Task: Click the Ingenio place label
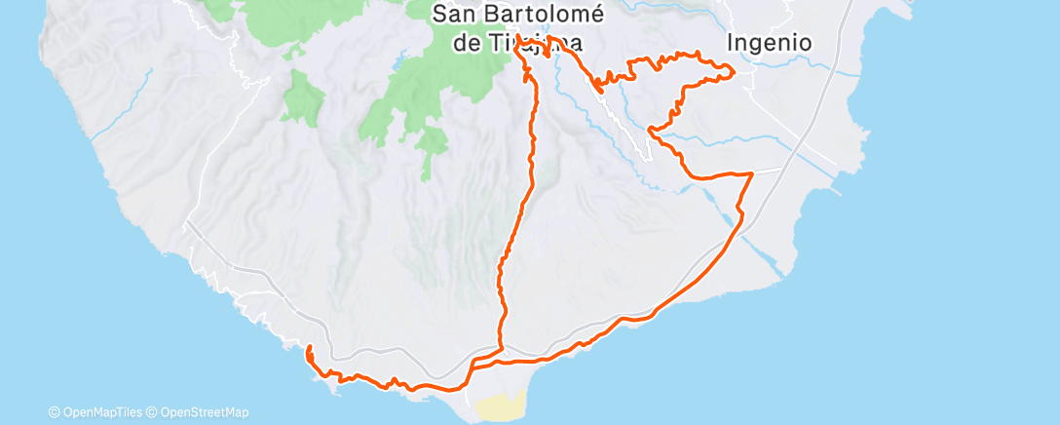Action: (x=770, y=43)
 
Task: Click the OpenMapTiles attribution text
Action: (x=101, y=412)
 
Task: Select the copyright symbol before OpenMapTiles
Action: (x=55, y=412)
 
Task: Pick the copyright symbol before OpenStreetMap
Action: (x=153, y=412)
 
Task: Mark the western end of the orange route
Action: (x=308, y=348)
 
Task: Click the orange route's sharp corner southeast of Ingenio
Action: (x=751, y=174)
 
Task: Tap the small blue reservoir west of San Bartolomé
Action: (x=397, y=66)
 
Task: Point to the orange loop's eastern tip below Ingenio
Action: (x=732, y=68)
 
